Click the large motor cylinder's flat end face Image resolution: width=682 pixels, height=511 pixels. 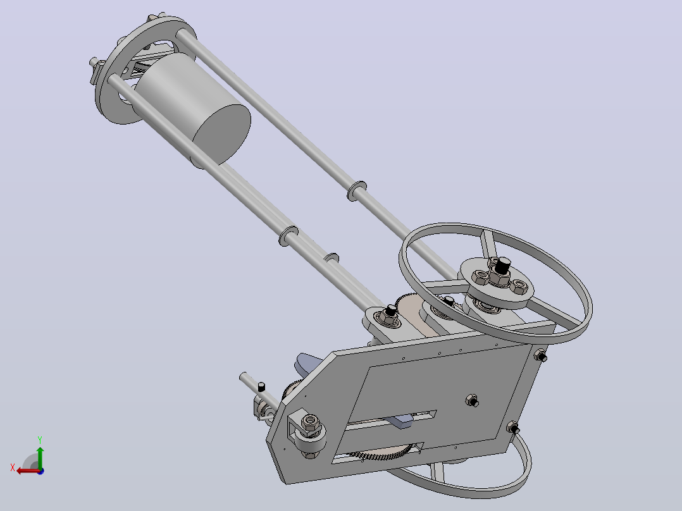(221, 134)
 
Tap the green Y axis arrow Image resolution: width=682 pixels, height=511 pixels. (40, 457)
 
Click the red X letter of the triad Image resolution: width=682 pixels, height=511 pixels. (13, 467)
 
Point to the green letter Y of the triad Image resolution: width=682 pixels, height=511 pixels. (40, 440)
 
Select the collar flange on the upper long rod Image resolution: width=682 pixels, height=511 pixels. (357, 190)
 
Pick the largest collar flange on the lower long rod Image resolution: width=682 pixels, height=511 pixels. (288, 236)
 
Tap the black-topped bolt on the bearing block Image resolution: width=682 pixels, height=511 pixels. (391, 311)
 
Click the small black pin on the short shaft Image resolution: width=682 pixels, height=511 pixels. (261, 386)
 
